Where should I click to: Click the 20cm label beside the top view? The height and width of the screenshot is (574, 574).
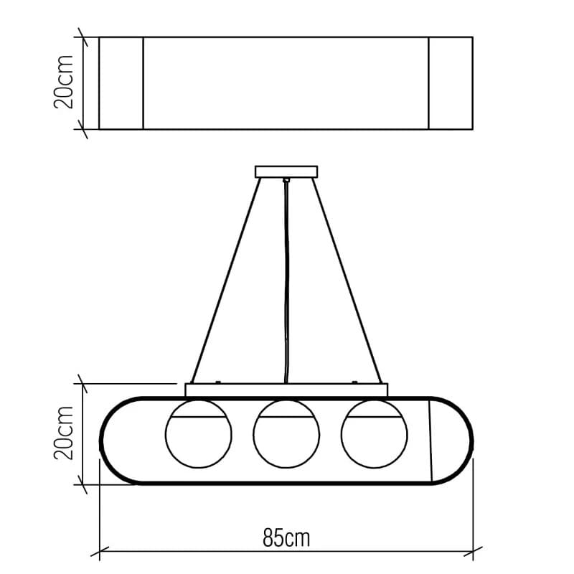(x=65, y=82)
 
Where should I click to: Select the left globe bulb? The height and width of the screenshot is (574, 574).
(x=199, y=433)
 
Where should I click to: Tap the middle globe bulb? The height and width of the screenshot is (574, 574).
(x=286, y=433)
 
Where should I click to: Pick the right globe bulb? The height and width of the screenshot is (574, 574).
(x=374, y=433)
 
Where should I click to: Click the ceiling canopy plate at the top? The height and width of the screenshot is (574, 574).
(x=286, y=171)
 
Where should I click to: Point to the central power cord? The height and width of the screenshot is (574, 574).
(x=286, y=287)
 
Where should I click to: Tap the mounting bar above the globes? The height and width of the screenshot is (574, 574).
(x=286, y=390)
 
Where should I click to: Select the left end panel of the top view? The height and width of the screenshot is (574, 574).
(x=121, y=83)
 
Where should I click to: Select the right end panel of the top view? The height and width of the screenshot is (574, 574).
(x=451, y=83)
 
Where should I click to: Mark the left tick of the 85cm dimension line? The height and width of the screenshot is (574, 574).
(x=99, y=552)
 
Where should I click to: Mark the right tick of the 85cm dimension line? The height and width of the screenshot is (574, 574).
(x=473, y=552)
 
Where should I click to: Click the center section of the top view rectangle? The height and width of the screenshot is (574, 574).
(x=286, y=83)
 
